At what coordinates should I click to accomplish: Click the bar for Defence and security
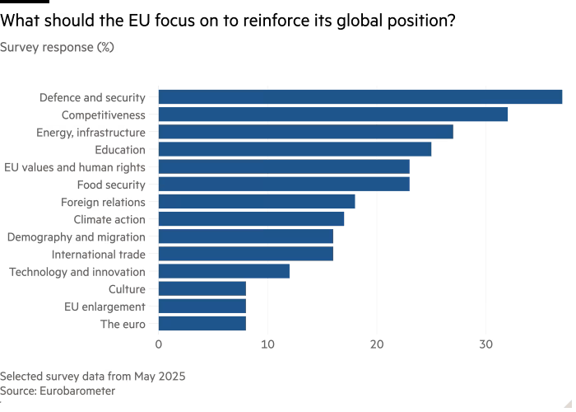[x=360, y=97]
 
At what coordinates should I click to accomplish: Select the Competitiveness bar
[x=332, y=115]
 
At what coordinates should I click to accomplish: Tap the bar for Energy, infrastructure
[x=305, y=132]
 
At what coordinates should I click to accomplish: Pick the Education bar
[x=295, y=149]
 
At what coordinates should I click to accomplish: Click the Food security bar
[x=283, y=185]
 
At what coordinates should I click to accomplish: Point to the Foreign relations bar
[x=256, y=202]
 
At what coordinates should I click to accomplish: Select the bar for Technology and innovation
[x=223, y=271]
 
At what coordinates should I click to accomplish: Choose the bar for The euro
[x=202, y=324]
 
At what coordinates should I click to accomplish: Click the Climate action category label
[x=109, y=220]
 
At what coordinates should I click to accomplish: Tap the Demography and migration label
[x=76, y=237]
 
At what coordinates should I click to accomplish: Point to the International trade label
[x=98, y=255]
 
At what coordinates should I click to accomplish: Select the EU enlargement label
[x=105, y=307]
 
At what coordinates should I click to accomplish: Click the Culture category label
[x=127, y=289]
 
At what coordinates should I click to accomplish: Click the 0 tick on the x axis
[x=158, y=344]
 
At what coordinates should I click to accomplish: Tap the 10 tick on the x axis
[x=267, y=344]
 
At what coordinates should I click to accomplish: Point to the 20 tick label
[x=377, y=344]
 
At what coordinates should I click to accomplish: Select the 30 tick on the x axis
[x=486, y=344]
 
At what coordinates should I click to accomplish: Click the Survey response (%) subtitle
[x=58, y=48]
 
